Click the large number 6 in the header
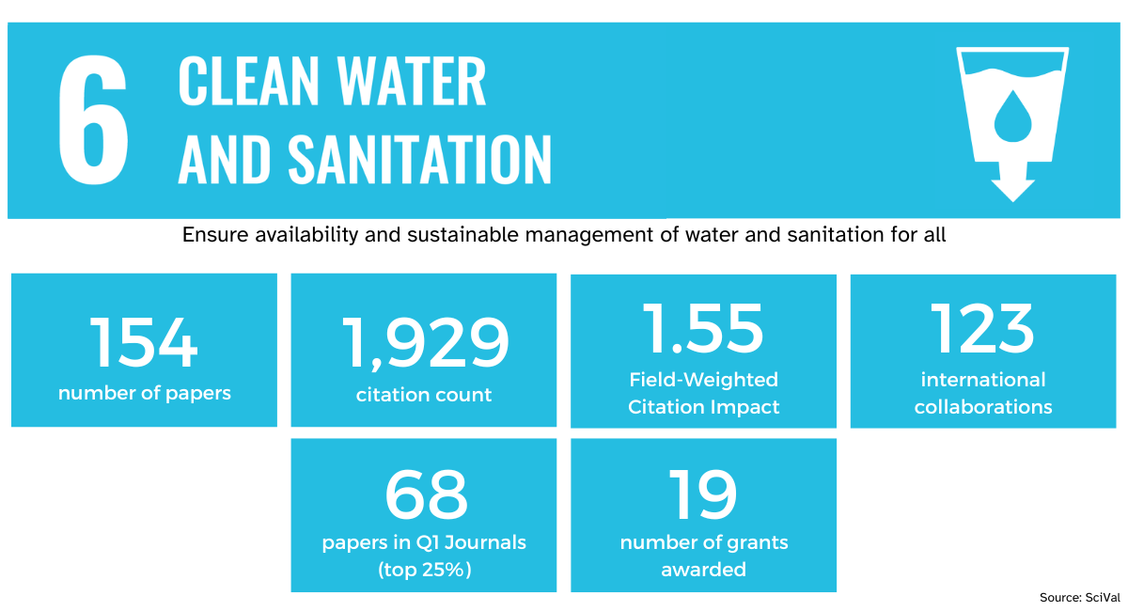[93, 120]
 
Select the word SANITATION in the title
[419, 159]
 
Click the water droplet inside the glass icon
[1011, 115]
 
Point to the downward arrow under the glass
[1012, 183]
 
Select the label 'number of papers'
[144, 393]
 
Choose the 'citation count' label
[424, 395]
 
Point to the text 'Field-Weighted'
[703, 380]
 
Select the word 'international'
[983, 380]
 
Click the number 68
[425, 494]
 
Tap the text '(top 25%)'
[424, 570]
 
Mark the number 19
[703, 494]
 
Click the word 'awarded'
[703, 570]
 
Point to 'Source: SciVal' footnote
[1079, 598]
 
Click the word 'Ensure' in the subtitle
[215, 235]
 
